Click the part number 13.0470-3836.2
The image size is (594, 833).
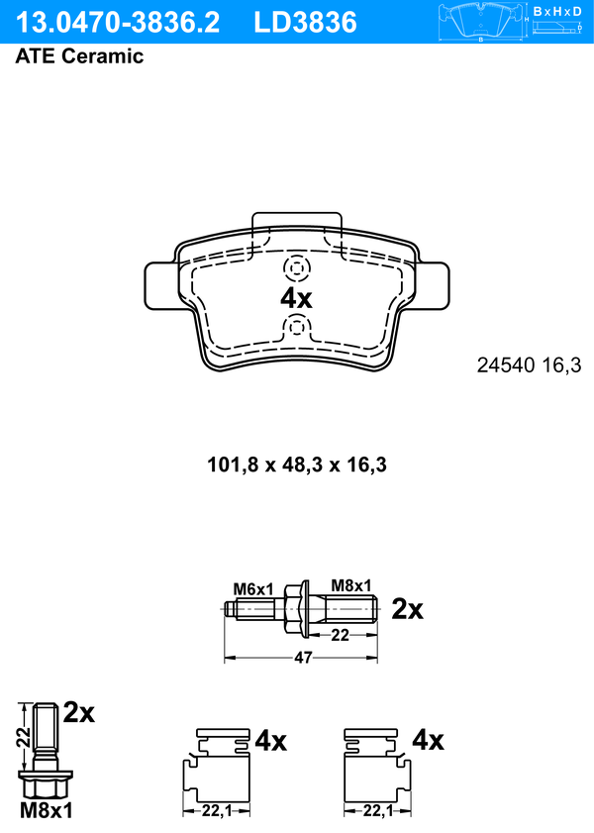117,23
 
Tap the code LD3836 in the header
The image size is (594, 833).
305,23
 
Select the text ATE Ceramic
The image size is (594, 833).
79,56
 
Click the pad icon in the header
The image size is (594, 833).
481,22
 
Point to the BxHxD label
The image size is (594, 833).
557,11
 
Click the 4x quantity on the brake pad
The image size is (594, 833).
296,298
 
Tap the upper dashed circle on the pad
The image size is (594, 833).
297,268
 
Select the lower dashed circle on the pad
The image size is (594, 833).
296,328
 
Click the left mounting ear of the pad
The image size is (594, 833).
160,286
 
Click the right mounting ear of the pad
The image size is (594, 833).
434,286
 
